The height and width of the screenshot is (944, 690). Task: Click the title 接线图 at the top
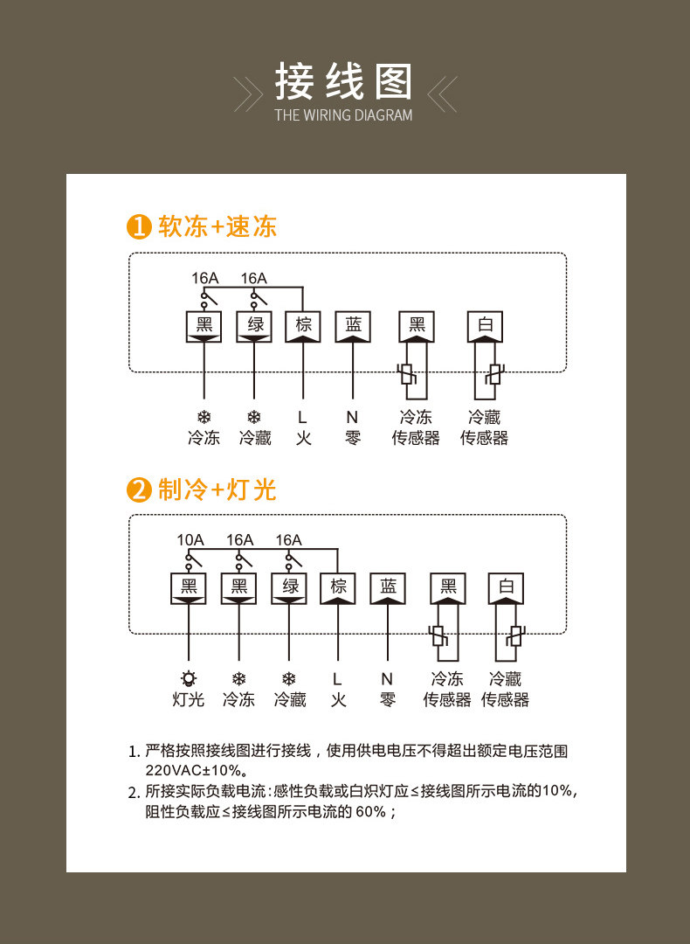point(344,82)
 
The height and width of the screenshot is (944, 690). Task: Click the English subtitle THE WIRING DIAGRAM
point(343,115)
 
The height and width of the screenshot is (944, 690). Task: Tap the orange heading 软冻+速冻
point(217,226)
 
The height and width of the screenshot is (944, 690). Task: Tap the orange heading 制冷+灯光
point(217,489)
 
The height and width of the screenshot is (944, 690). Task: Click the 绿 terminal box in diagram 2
point(289,587)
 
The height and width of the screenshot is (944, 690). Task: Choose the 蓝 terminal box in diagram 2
point(388,587)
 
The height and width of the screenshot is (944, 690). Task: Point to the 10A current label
point(190,540)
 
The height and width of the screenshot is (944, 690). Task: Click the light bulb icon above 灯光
point(189,678)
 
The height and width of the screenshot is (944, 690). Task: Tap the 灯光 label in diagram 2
point(189,699)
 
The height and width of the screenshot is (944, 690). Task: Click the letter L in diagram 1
point(303,418)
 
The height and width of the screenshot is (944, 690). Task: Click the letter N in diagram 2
point(387,678)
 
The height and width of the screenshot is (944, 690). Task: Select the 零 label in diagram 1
point(353,438)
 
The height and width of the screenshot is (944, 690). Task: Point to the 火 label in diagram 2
point(338,699)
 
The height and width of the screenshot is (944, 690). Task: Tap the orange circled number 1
point(140,226)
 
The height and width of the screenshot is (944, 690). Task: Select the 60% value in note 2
point(370,811)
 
